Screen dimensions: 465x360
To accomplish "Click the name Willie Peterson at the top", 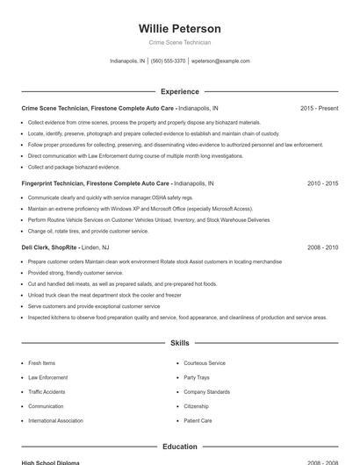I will coord(179,29).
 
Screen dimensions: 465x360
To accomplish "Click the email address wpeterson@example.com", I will coord(220,61).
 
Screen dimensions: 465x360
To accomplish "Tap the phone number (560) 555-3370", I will coord(168,61).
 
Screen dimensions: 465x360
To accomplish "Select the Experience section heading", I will coord(179,91).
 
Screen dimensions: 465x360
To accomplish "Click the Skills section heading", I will coord(179,343).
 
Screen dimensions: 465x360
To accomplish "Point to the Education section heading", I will coord(179,447).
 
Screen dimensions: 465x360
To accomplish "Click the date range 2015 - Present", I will coord(319,108).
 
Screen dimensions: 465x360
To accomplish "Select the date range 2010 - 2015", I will coord(322,183).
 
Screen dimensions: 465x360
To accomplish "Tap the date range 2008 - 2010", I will coord(322,248).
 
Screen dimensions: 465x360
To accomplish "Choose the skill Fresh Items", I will coord(42,362).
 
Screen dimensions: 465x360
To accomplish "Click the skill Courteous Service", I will coord(205,362).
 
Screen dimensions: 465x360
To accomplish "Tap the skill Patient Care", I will coord(198,420).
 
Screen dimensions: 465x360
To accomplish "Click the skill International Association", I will coord(55,420).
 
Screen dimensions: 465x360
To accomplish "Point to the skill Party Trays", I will coord(197,377).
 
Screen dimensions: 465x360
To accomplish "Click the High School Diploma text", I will coord(50,462).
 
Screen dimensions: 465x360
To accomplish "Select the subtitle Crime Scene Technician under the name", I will coord(179,42).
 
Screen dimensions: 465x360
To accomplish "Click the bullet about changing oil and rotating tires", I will coord(88,231).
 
